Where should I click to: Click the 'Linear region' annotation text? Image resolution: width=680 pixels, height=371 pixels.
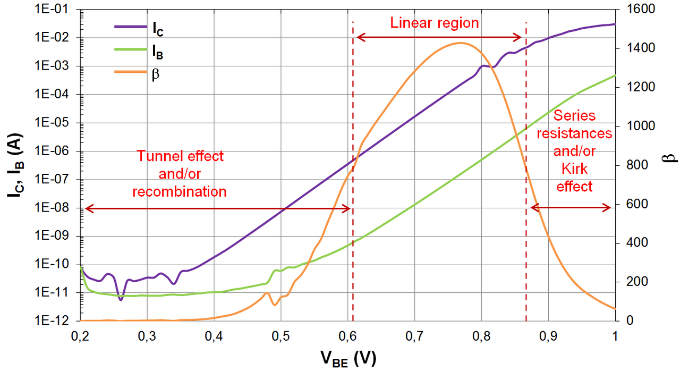(435, 23)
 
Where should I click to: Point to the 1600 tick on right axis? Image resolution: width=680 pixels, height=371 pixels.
(633, 10)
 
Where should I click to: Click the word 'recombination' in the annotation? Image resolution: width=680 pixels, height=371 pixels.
(180, 191)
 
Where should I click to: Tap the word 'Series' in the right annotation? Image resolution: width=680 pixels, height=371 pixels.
(574, 115)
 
